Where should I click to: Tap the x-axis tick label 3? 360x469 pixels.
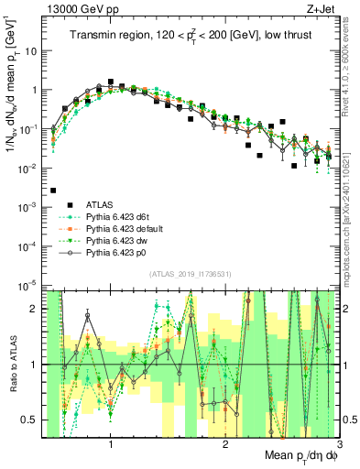(340, 446)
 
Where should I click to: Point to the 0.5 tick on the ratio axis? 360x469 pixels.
(37, 420)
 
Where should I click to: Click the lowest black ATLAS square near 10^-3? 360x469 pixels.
(53, 191)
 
